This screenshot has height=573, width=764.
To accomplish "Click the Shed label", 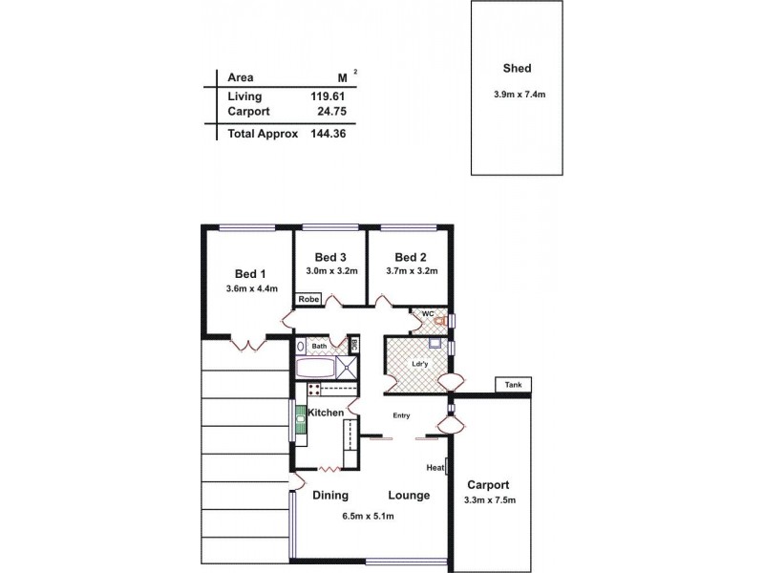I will click(517, 69).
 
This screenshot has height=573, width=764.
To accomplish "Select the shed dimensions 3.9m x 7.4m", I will click(517, 93).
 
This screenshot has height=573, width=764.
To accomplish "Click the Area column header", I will click(240, 77).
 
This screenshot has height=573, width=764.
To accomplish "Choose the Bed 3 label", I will click(330, 257).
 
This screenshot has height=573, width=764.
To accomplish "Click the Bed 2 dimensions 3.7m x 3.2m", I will click(411, 271).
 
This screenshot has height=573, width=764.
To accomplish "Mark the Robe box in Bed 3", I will click(308, 299).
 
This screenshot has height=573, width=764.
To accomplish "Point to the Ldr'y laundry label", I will click(417, 363).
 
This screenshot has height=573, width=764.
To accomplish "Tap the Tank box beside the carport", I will click(513, 386).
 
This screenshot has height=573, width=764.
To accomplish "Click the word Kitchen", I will click(326, 413).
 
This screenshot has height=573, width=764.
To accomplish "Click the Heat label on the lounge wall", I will click(435, 467).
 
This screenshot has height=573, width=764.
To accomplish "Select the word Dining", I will click(330, 496).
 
